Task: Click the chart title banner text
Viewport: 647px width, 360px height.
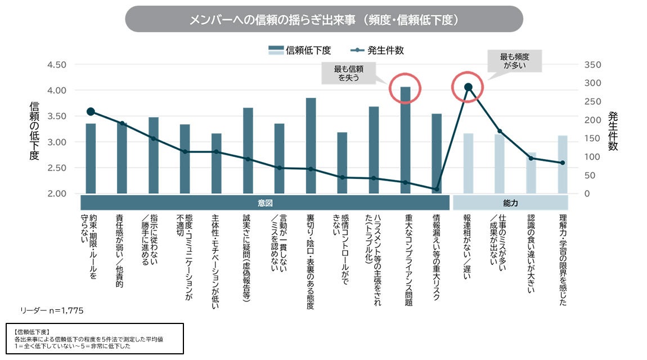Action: (x=324, y=20)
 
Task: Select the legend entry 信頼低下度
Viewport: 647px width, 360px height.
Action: (x=299, y=50)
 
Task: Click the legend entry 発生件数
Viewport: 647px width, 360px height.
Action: (x=377, y=50)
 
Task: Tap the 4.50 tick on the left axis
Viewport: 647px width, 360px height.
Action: (x=56, y=65)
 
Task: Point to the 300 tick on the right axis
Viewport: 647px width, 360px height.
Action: (x=592, y=83)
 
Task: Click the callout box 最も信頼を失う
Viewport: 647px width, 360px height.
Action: (x=349, y=73)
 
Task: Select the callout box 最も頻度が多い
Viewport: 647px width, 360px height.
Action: (x=515, y=61)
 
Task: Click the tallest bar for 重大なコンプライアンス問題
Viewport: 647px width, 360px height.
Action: (x=405, y=140)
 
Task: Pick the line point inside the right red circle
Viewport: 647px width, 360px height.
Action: (x=468, y=87)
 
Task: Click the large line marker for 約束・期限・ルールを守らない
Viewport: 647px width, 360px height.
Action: (x=91, y=112)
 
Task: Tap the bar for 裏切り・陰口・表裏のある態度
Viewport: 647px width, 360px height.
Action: (x=311, y=146)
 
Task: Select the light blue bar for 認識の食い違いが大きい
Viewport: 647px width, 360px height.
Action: (x=531, y=173)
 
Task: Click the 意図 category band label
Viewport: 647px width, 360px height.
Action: (x=265, y=203)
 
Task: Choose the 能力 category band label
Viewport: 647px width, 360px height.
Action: (x=510, y=203)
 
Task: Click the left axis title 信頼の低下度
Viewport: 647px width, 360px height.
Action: (x=34, y=130)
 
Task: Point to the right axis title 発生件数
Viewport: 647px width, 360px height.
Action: (x=613, y=130)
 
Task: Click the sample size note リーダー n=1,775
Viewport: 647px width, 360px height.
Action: (x=52, y=310)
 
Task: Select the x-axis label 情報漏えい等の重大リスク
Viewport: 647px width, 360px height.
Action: (x=436, y=256)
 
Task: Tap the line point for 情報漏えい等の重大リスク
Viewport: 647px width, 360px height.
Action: (x=437, y=189)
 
